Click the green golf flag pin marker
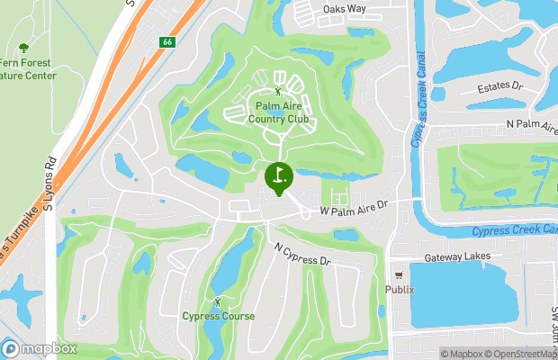pyautogui.click(x=278, y=176)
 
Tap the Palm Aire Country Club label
pyautogui.click(x=277, y=111)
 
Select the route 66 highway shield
pyautogui.click(x=166, y=42)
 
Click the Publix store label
pyautogui.click(x=399, y=290)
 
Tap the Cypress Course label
pyautogui.click(x=218, y=316)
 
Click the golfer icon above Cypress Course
pyautogui.click(x=218, y=301)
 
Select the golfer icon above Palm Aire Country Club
pyautogui.click(x=277, y=91)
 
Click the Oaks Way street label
pyautogui.click(x=345, y=9)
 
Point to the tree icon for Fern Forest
pyautogui.click(x=23, y=48)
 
